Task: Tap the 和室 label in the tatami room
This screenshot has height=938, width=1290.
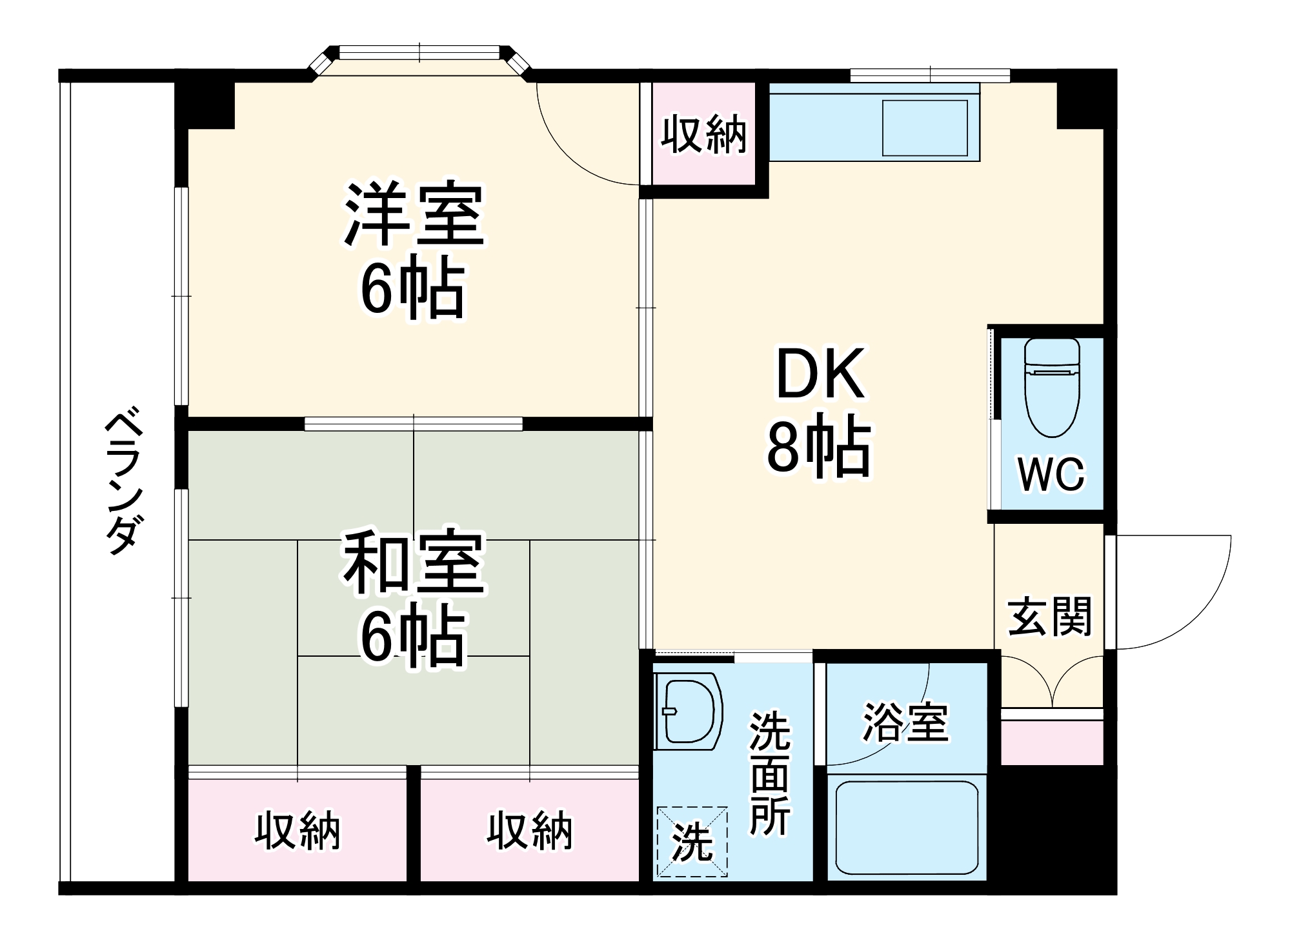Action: pos(414,562)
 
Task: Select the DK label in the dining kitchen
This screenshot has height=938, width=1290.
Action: pos(820,374)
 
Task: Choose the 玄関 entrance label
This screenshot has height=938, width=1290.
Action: pos(1050,617)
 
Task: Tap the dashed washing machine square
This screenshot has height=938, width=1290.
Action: pos(692,841)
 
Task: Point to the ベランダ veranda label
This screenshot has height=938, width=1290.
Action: pos(122,481)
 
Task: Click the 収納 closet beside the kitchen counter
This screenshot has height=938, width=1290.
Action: pos(703,134)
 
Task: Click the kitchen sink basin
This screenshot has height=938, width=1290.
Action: pos(925,128)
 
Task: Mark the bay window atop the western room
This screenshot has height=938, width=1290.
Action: pos(419,54)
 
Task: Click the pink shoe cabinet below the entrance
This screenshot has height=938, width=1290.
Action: pos(1051,743)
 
